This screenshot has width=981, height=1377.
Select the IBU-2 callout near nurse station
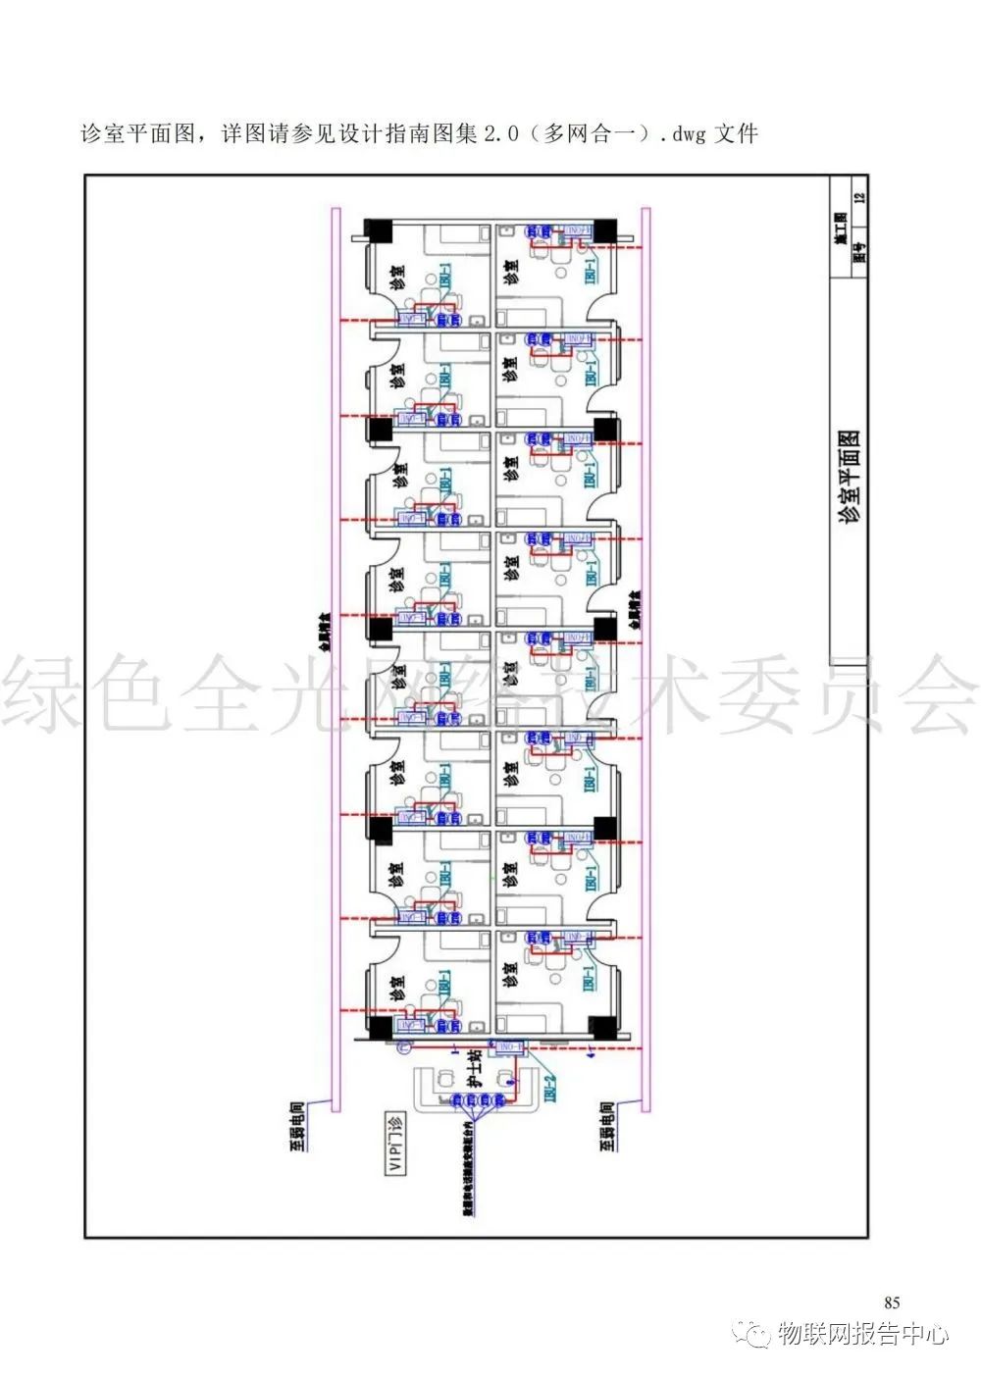(550, 1090)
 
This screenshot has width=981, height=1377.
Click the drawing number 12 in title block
(860, 197)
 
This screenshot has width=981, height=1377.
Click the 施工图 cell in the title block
(841, 227)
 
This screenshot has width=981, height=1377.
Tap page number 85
(892, 1302)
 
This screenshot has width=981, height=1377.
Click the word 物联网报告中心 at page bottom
(863, 1334)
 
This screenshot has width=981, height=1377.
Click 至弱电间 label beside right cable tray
(607, 1125)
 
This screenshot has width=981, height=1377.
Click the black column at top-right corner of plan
(604, 230)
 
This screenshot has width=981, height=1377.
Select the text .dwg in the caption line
(683, 133)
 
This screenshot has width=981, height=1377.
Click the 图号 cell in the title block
(859, 252)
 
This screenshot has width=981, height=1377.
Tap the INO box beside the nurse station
(511, 1047)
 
